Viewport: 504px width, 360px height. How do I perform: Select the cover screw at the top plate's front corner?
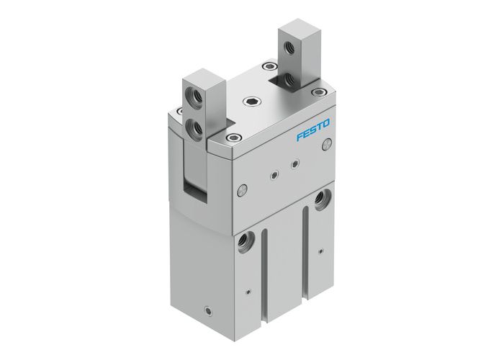click(231, 136)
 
